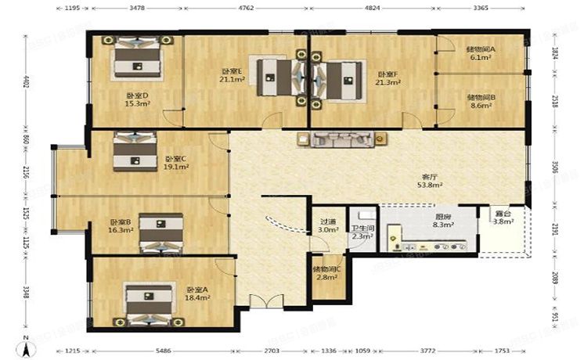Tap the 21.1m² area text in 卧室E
230,79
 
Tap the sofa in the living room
341,140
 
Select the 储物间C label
326,268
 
